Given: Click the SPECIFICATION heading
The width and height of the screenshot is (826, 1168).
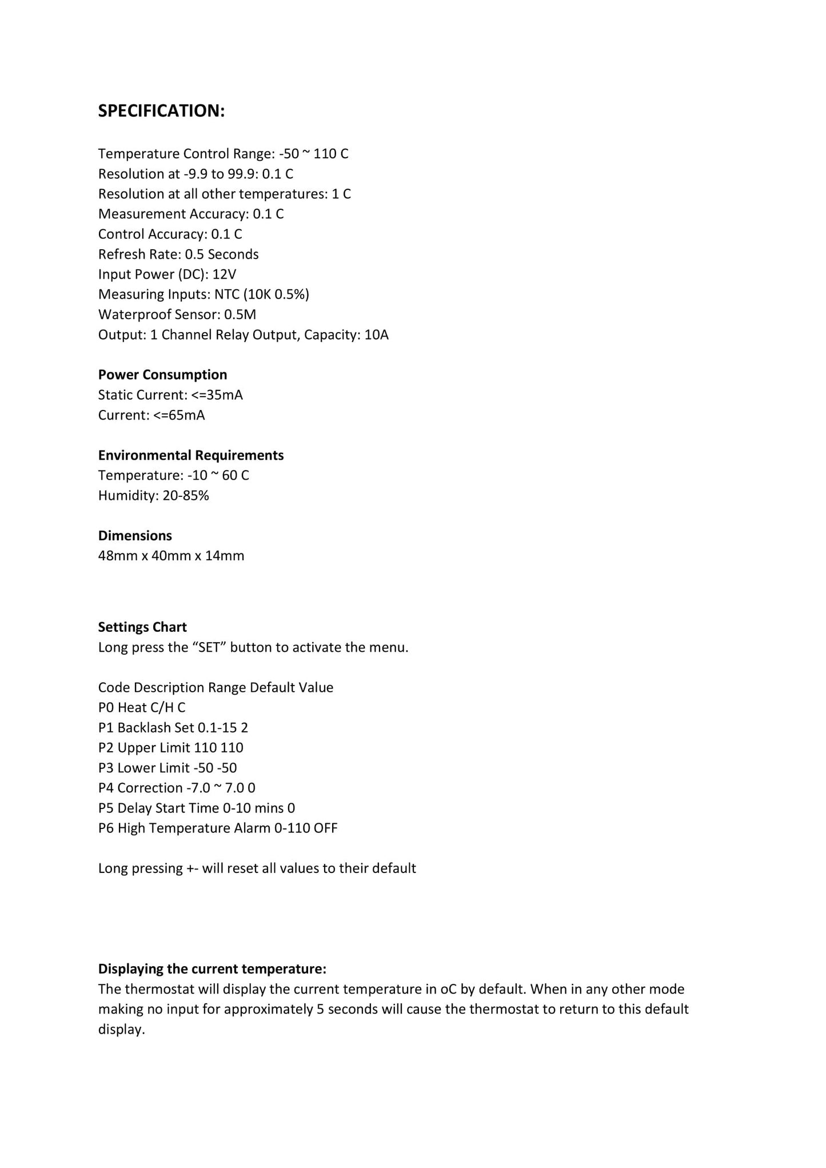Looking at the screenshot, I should (x=161, y=111).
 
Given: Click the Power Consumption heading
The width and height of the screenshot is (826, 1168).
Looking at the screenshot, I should (x=162, y=375).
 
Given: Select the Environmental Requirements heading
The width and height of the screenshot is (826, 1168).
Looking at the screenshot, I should (x=191, y=456).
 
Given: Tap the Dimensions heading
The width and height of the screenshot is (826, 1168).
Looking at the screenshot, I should (x=135, y=536).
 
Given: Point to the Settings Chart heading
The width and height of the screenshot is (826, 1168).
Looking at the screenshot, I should (x=142, y=627).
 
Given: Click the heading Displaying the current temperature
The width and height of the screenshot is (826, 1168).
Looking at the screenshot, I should (x=212, y=969).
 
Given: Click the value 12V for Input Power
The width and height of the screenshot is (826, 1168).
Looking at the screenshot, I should (x=224, y=274).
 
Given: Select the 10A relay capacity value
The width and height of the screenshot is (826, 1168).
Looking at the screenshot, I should (x=376, y=335).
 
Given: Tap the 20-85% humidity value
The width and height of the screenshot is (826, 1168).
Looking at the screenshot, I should (x=186, y=496).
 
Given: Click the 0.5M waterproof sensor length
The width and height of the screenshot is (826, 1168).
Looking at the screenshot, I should (x=240, y=314).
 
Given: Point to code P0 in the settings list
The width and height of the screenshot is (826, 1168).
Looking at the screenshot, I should (x=106, y=708).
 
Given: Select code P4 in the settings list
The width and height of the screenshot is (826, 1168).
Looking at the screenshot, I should (x=106, y=788).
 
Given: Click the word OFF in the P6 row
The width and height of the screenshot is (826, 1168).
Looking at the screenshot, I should (x=325, y=828).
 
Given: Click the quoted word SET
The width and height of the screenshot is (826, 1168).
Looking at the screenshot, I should (x=209, y=648).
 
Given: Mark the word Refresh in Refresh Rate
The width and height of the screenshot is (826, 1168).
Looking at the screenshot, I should (x=121, y=254).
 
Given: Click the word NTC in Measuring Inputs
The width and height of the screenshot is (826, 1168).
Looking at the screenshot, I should (x=227, y=294).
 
